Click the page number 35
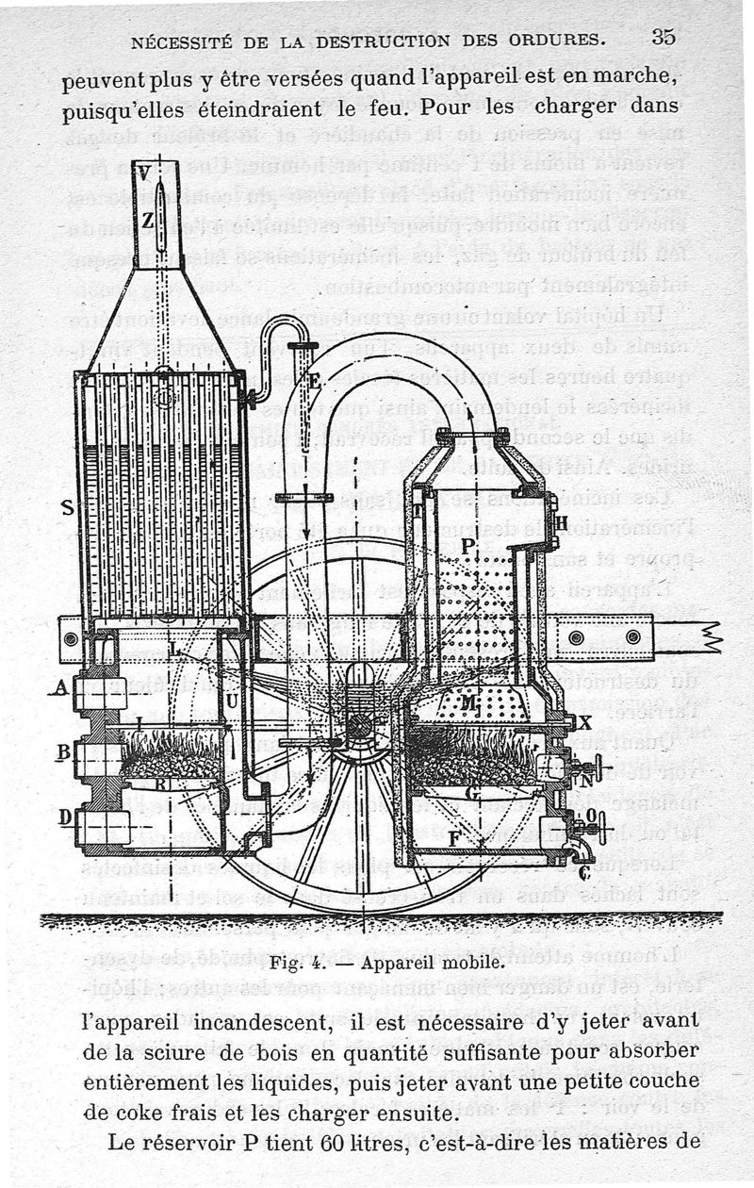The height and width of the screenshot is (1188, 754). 663,37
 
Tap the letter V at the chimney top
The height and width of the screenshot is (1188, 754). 143,173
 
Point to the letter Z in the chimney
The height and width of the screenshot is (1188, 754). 147,222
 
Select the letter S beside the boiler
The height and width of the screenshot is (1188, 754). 67,507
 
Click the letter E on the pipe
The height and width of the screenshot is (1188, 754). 314,382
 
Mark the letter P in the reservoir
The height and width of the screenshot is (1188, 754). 468,544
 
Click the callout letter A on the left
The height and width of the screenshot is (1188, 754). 62,688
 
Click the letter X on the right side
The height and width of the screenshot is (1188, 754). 584,723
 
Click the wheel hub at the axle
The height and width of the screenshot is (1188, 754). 359,727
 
